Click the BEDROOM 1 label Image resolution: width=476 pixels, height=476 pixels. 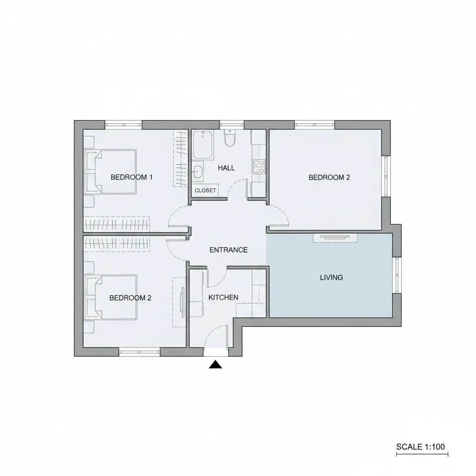[x=132, y=177]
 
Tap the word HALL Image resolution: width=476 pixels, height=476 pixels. [x=226, y=168]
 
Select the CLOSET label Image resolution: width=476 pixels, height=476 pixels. [x=205, y=191]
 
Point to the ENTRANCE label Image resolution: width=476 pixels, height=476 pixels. [x=229, y=250]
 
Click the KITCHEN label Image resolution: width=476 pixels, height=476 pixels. [x=223, y=297]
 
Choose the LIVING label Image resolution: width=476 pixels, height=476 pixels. [x=331, y=278]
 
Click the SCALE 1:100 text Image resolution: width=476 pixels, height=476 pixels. [x=421, y=447]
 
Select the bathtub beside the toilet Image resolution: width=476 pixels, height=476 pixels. [x=203, y=145]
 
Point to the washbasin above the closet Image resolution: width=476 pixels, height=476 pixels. [x=198, y=172]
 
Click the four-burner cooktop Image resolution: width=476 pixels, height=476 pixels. [x=258, y=167]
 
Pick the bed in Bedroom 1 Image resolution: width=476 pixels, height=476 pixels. [x=110, y=172]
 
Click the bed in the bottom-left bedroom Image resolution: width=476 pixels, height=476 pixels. [x=111, y=297]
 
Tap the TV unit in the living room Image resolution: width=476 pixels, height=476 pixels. [x=335, y=238]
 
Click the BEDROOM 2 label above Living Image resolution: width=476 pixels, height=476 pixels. [x=329, y=177]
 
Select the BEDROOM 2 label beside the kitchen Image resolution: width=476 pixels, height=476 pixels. [x=130, y=298]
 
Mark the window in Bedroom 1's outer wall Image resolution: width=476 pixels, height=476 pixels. [x=123, y=125]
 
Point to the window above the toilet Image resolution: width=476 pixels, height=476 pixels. [x=231, y=125]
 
